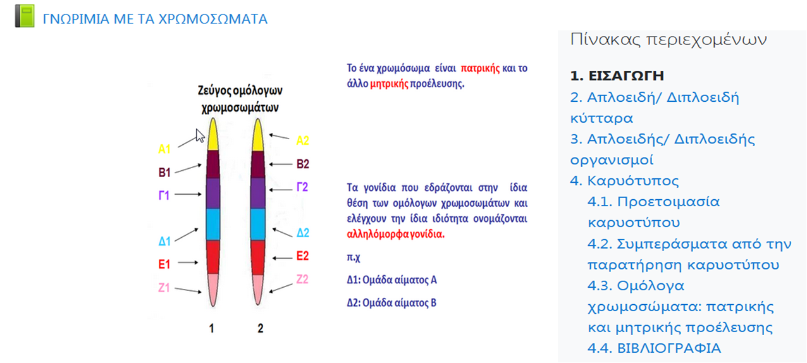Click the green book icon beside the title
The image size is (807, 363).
[25, 17]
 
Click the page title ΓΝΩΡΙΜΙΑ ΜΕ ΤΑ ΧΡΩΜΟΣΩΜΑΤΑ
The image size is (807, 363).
[155, 19]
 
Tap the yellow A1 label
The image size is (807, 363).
[164, 150]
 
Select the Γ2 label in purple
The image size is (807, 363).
[303, 187]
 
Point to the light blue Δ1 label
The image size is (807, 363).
[164, 242]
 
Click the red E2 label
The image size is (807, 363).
[302, 256]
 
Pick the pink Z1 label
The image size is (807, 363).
[164, 288]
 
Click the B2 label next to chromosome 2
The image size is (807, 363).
[303, 164]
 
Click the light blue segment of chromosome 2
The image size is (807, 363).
[257, 225]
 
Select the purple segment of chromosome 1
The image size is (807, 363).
[213, 194]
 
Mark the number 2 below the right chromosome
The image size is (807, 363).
[260, 328]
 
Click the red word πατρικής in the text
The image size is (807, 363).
[480, 68]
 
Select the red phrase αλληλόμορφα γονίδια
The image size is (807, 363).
[396, 233]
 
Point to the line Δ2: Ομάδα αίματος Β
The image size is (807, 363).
[392, 302]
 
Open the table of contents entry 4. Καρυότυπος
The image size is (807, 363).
[624, 181]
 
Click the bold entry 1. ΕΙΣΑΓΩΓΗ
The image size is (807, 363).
[617, 76]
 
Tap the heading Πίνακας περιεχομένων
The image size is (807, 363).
[668, 40]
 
